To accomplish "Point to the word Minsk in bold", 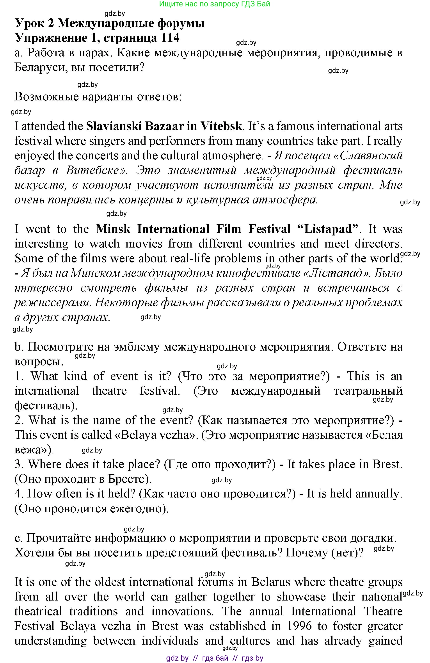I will coord(113,229).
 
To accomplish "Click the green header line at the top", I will coord(215,4).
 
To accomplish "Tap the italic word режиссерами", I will coord(52,303).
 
